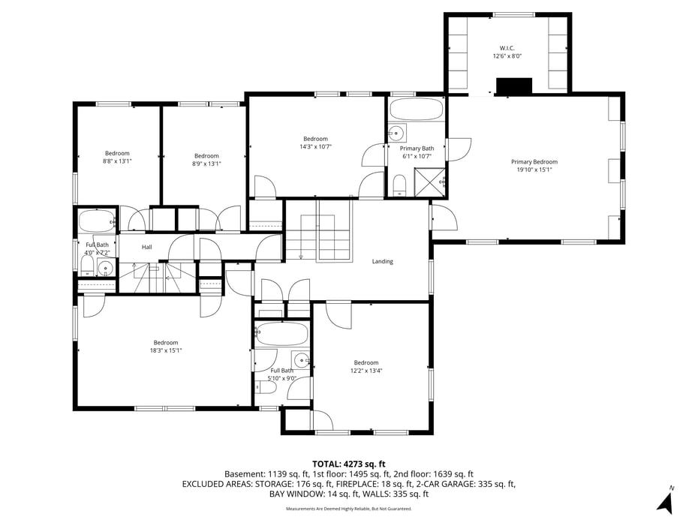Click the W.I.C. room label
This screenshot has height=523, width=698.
pyautogui.click(x=507, y=47)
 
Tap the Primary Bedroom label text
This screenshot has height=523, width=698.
pyautogui.click(x=534, y=162)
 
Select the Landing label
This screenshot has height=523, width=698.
pyautogui.click(x=382, y=261)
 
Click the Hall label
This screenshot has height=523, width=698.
pyautogui.click(x=147, y=247)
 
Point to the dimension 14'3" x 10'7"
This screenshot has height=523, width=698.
pyautogui.click(x=315, y=147)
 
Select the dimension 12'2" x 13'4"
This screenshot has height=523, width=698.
pyautogui.click(x=366, y=371)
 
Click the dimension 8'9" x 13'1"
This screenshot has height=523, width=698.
pyautogui.click(x=206, y=164)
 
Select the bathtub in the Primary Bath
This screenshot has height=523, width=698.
pyautogui.click(x=417, y=110)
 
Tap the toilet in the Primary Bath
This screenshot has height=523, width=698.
pyautogui.click(x=399, y=184)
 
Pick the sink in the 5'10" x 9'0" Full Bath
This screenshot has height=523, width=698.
pyautogui.click(x=301, y=359)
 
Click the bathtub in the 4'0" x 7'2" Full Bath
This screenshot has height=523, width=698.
pyautogui.click(x=96, y=221)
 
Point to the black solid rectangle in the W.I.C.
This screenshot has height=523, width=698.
pyautogui.click(x=515, y=86)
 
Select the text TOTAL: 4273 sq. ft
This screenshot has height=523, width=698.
pyautogui.click(x=348, y=464)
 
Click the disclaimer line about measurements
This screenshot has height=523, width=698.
pyautogui.click(x=348, y=509)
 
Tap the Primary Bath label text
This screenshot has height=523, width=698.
pyautogui.click(x=417, y=149)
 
